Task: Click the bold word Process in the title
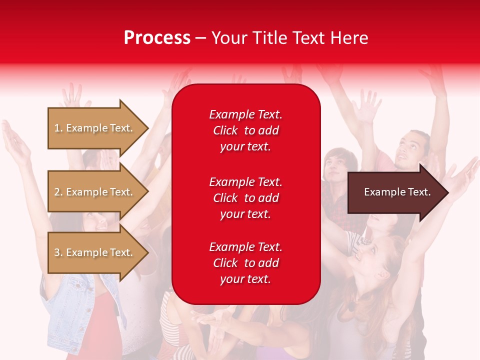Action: click(x=157, y=38)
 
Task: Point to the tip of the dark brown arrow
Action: click(x=447, y=192)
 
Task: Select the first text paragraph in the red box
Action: click(x=245, y=130)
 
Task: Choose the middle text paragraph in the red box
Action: click(x=245, y=198)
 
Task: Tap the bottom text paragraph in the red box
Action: click(x=245, y=263)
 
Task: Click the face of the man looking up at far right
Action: click(x=411, y=148)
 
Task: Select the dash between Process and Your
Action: click(x=200, y=38)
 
